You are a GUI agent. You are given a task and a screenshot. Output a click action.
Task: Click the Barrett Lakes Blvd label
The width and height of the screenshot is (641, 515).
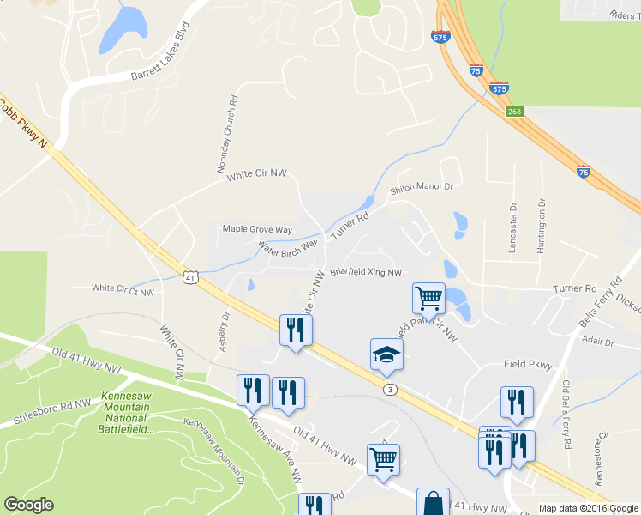click(x=159, y=53)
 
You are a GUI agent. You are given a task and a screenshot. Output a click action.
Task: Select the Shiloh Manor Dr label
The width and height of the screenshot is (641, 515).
click(x=421, y=187)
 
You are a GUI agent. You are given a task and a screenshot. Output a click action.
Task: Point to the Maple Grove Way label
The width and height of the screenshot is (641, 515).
click(x=257, y=229)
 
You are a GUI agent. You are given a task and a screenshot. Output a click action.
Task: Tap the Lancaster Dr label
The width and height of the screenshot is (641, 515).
click(x=513, y=227)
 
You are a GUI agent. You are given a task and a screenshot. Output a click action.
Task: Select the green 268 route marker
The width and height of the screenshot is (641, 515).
click(x=514, y=111)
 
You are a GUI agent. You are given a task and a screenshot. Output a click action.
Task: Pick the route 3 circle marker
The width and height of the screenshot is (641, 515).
click(x=390, y=389)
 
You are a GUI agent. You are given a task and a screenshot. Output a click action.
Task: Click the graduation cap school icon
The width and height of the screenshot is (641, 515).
click(x=386, y=353)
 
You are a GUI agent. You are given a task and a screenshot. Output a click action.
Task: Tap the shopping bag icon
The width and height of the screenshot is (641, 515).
click(x=433, y=501)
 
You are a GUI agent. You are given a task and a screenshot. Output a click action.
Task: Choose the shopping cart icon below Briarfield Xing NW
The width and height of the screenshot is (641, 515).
click(x=428, y=298)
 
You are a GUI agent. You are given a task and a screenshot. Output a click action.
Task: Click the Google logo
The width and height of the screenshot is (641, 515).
click(x=28, y=505)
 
